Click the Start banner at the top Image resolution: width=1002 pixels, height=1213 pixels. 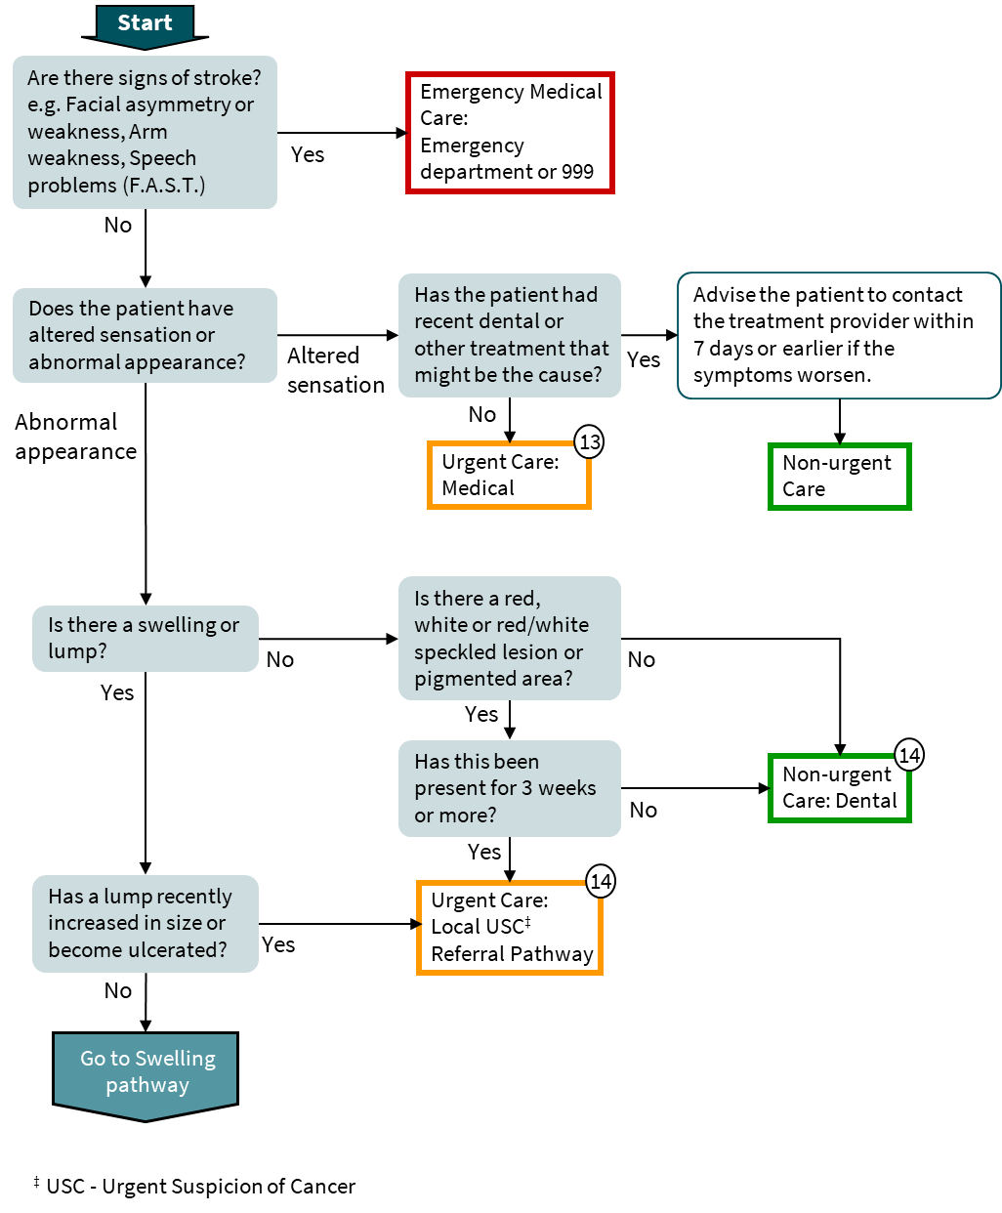point(145,23)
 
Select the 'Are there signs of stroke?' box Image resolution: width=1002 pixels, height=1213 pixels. point(145,132)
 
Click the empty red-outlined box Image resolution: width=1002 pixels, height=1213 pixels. point(510,133)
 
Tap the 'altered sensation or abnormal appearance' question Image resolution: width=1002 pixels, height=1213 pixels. point(145,335)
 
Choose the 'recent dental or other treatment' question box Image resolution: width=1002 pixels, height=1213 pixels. point(509,335)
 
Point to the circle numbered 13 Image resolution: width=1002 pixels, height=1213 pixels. point(590,442)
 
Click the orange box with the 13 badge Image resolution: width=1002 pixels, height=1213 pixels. point(509,477)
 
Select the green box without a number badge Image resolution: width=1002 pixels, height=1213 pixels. point(839,477)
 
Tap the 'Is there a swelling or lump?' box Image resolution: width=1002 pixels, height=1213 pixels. point(145,639)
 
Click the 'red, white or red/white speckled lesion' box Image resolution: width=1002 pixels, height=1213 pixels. point(509,638)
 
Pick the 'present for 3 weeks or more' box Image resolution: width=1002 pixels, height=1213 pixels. point(509,788)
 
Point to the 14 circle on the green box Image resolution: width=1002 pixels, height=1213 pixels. point(909,755)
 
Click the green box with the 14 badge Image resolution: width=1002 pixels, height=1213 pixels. point(839,789)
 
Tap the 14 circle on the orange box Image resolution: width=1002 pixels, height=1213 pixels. point(601,882)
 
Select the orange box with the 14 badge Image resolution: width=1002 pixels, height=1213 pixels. point(509,929)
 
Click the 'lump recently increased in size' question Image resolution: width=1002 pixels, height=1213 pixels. point(145,923)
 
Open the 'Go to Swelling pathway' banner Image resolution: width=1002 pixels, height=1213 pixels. point(146,1072)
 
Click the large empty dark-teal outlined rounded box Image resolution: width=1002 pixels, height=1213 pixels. point(839,335)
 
